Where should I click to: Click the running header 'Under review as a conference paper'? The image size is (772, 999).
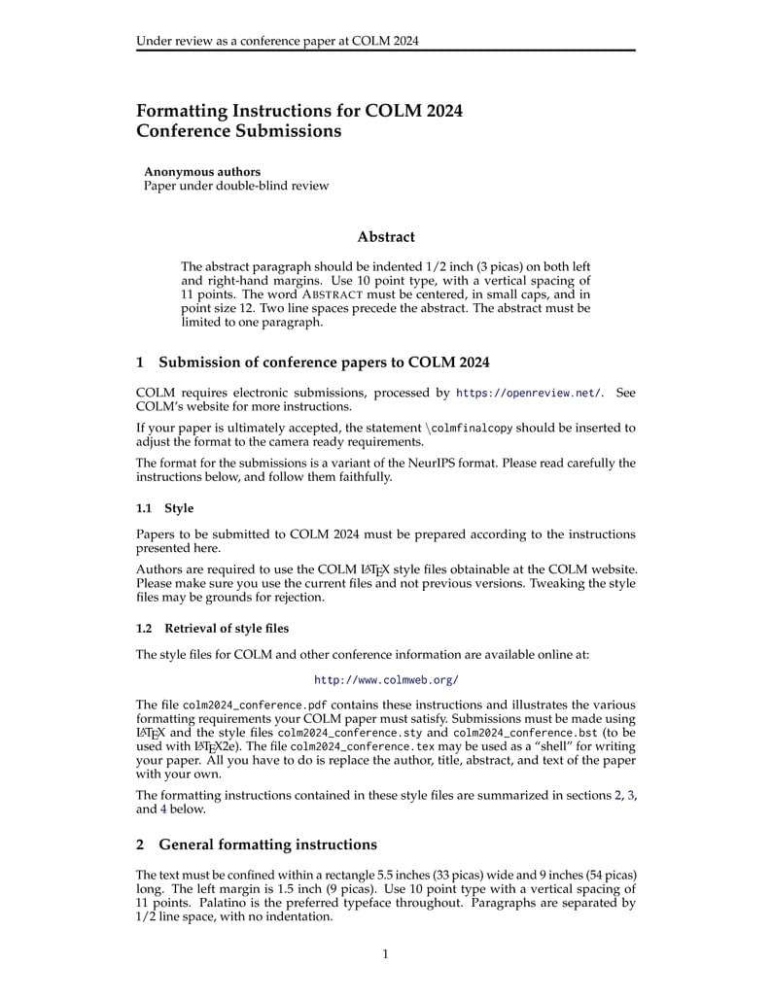278,41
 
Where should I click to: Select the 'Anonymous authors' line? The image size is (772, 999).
202,172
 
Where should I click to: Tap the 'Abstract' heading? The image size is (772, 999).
386,236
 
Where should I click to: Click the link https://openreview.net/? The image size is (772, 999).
529,393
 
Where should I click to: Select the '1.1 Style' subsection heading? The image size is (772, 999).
165,508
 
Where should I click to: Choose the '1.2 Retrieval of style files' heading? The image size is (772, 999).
212,628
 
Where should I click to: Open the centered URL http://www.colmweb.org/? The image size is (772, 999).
386,680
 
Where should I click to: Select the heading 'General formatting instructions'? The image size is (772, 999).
267,844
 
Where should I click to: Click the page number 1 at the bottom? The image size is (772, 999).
385,953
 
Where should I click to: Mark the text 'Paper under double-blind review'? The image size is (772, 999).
236,186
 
